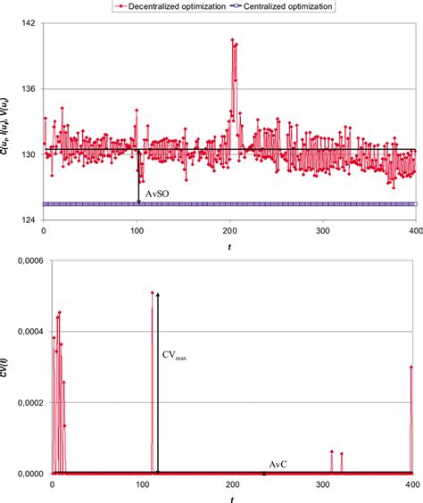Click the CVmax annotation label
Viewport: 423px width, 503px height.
pyautogui.click(x=175, y=356)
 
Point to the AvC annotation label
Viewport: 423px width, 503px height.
pyautogui.click(x=278, y=465)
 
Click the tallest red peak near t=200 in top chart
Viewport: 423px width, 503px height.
pyautogui.click(x=232, y=40)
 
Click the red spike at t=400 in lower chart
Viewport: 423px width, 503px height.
pyautogui.click(x=411, y=367)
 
